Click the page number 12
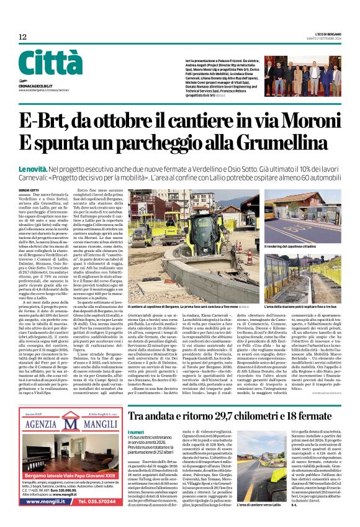coord(23,37)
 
